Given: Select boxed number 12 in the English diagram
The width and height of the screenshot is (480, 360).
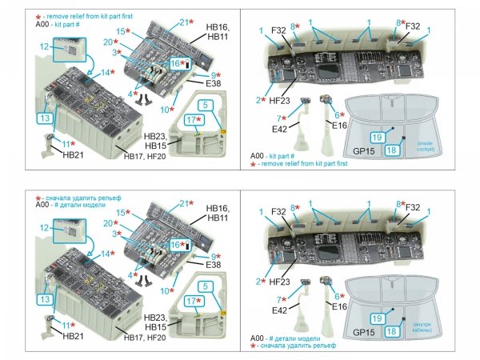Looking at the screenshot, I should pyautogui.click(x=43, y=46).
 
